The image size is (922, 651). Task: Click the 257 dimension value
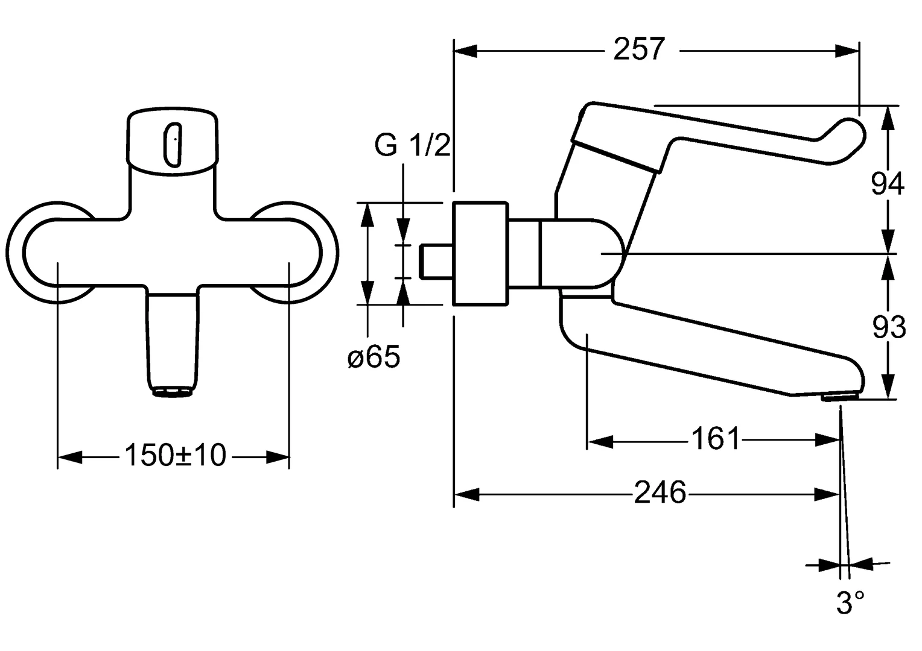tap(639, 49)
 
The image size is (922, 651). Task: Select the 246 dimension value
tap(660, 494)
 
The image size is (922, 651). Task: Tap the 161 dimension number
tap(714, 439)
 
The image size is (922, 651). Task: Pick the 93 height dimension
tap(889, 327)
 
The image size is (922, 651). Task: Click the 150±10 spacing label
tap(175, 456)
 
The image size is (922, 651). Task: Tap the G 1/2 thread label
tap(413, 145)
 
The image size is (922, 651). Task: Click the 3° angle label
tap(850, 603)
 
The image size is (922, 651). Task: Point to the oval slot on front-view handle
tap(173, 144)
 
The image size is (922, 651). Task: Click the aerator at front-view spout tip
tap(173, 393)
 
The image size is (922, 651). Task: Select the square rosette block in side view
tap(480, 253)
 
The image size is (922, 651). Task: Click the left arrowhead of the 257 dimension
tap(465, 51)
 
